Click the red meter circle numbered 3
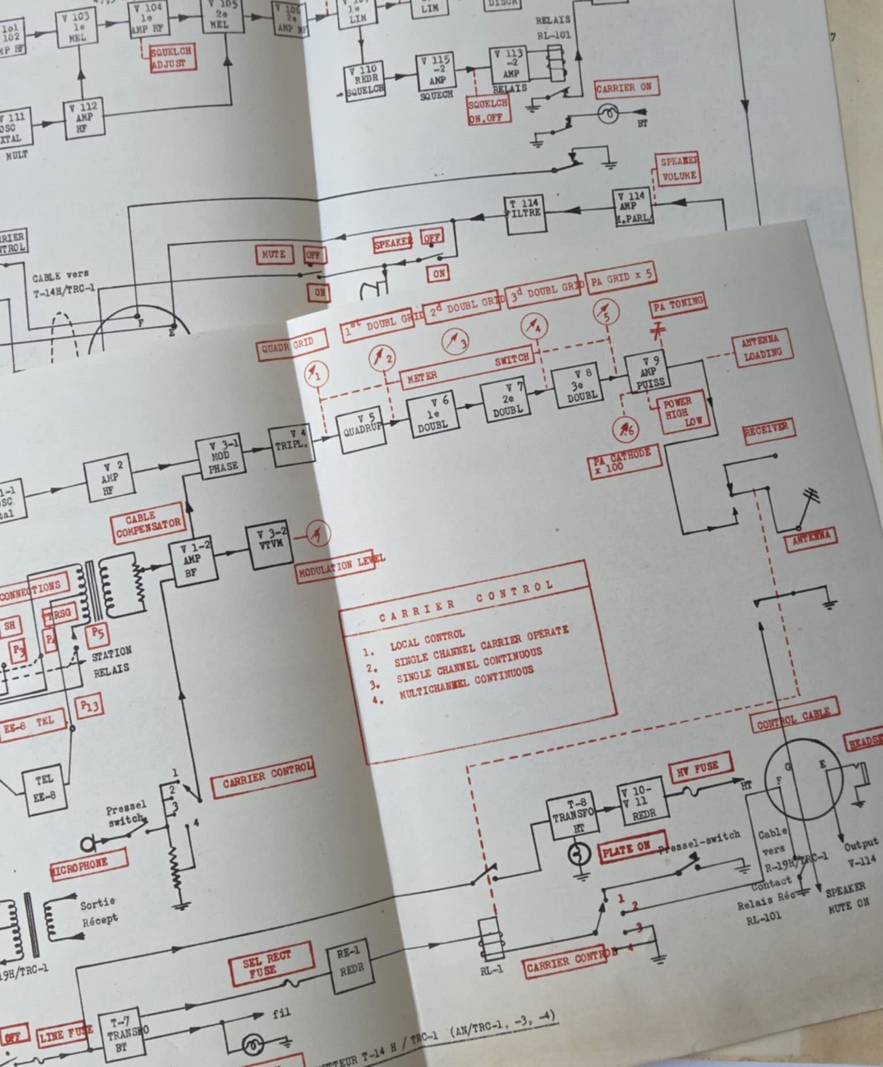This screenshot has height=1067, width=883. [455, 343]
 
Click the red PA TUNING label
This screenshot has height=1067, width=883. [678, 304]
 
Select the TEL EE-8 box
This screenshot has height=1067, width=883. [44, 789]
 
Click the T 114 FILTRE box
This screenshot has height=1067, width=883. [525, 215]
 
